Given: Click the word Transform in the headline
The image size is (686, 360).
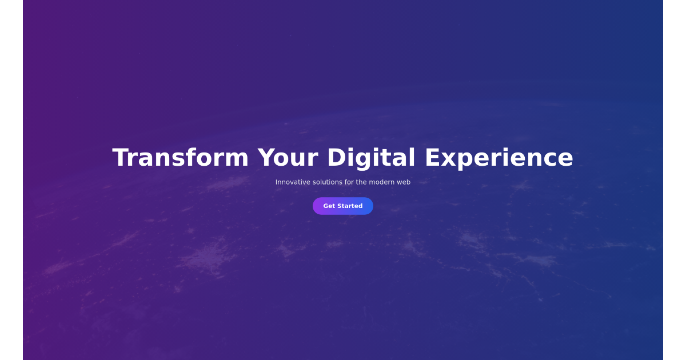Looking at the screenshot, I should tap(180, 158).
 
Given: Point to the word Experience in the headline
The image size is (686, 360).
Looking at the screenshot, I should tap(498, 158).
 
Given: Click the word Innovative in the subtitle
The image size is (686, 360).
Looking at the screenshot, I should tap(292, 182).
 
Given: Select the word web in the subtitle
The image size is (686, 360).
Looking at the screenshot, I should tap(404, 182).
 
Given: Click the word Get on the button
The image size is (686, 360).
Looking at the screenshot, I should tap(329, 206).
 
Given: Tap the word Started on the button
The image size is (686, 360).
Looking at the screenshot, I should tap(350, 206).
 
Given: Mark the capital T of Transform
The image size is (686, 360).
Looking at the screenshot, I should tap(121, 158).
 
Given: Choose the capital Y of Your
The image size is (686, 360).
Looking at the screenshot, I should tap(266, 158).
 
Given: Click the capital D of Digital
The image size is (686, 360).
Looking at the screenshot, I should tap(336, 158).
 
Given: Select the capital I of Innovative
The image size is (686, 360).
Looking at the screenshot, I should tap(277, 182).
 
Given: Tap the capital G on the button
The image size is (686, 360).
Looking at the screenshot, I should tap(326, 206).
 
